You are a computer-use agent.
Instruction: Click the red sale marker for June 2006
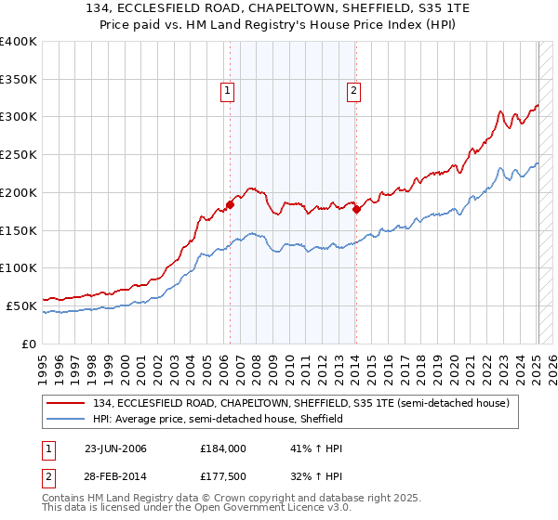(x=230, y=204)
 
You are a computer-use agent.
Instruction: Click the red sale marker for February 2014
(x=356, y=209)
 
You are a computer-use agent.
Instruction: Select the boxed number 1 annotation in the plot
(x=228, y=90)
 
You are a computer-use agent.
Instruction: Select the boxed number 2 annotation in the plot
(x=354, y=90)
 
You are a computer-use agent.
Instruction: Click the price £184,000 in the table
(x=223, y=448)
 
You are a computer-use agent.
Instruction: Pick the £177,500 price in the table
(x=223, y=478)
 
